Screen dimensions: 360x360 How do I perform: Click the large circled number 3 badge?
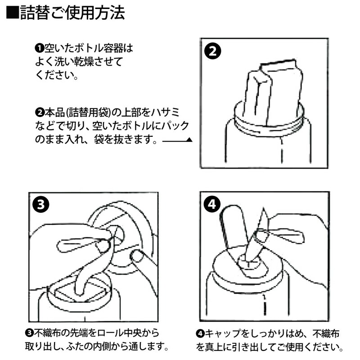click(x=41, y=205)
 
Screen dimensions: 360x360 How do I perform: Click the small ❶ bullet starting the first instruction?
click(x=38, y=48)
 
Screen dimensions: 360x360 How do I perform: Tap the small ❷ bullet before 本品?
click(x=38, y=111)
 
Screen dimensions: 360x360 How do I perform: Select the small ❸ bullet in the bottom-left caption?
click(x=28, y=333)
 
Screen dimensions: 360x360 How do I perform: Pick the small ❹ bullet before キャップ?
click(x=200, y=333)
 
